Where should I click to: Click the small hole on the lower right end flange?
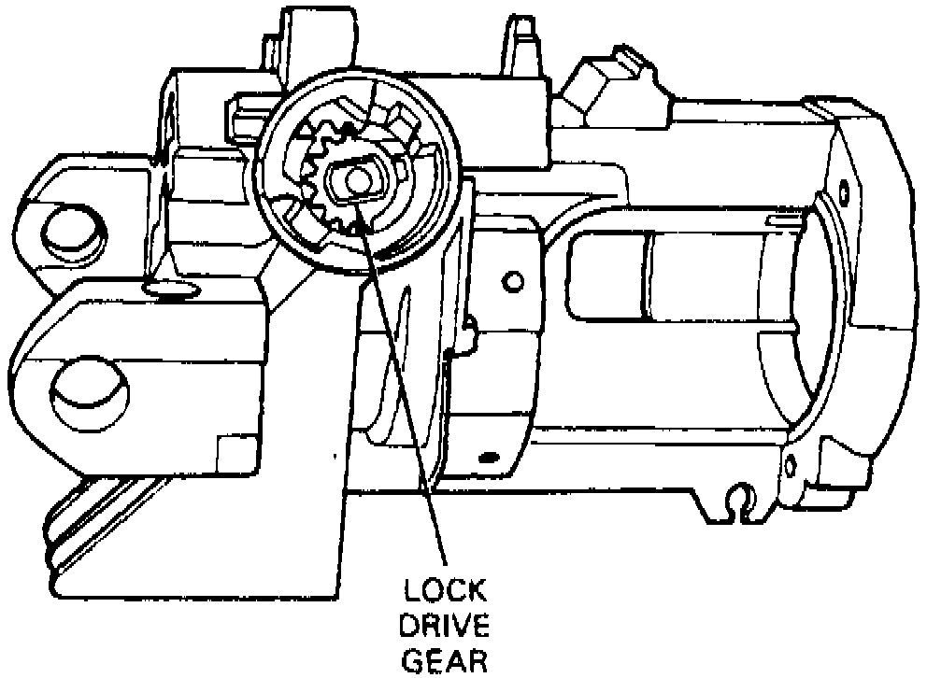791,463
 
